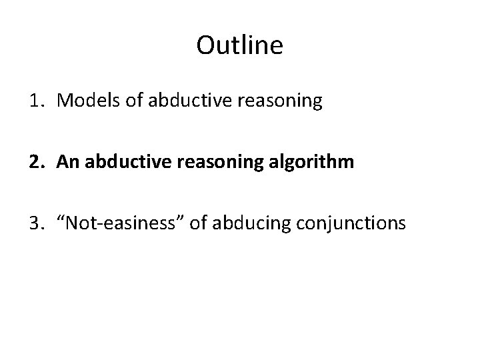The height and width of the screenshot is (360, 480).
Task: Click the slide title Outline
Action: pyautogui.click(x=240, y=45)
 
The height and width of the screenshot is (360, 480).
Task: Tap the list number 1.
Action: pyautogui.click(x=35, y=101)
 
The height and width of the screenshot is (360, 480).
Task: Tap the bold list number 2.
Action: pyautogui.click(x=35, y=162)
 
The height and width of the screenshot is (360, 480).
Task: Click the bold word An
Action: pyautogui.click(x=68, y=162)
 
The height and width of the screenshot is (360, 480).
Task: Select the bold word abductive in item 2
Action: pyautogui.click(x=121, y=162)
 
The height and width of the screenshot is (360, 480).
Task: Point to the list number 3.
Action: pyautogui.click(x=35, y=223)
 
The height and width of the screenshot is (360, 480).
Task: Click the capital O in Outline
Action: pyautogui.click(x=207, y=45)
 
